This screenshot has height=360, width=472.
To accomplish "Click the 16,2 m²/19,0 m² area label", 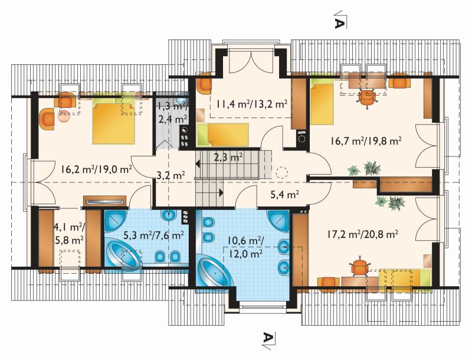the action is [96, 169].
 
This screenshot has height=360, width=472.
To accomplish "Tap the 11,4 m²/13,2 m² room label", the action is [251, 104].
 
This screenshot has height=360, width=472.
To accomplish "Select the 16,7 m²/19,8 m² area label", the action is [366, 140].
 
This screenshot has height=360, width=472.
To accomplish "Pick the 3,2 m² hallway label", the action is [171, 175].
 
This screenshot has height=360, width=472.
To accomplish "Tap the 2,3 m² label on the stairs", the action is [229, 157].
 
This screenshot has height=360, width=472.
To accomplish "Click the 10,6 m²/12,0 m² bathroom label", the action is [245, 247].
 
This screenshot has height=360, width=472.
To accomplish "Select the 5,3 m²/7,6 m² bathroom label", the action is [154, 234].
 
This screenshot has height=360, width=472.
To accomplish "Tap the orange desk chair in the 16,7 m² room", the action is [366, 97].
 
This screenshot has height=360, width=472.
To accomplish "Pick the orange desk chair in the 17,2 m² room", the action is [359, 267].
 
